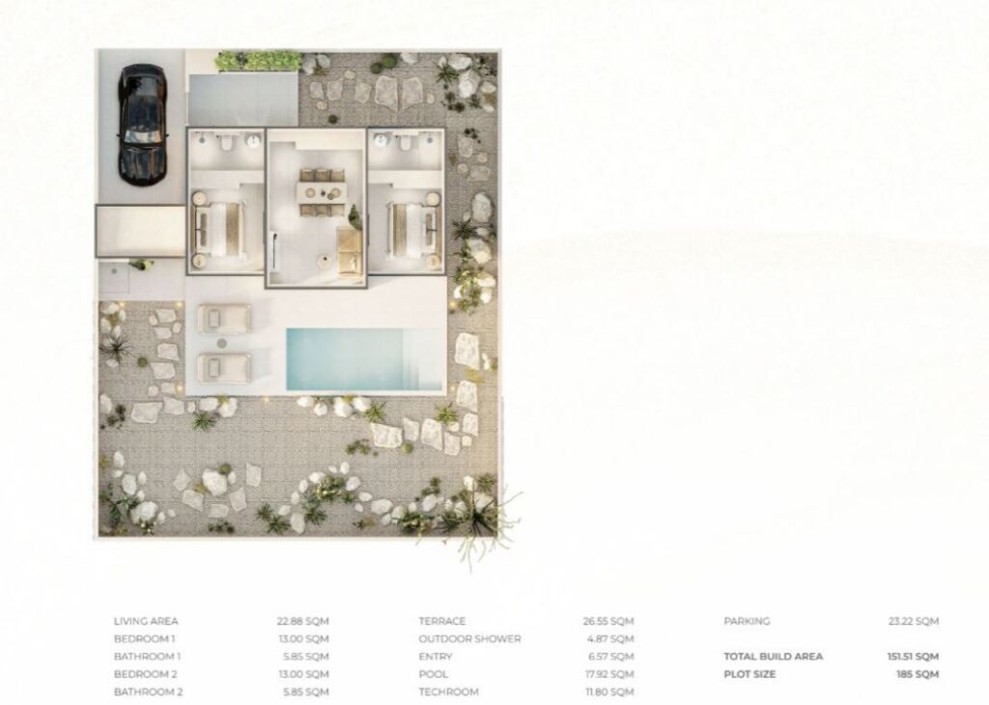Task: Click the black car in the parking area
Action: coord(143,125)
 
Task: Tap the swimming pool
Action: coord(365,359)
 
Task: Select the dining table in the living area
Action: coord(323,192)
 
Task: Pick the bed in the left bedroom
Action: coord(219,230)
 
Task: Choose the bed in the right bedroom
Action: coord(412,230)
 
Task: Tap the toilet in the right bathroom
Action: coord(406,142)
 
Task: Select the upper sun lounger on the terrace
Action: coord(224,319)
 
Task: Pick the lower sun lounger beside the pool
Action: coord(224,368)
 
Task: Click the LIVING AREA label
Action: coord(146,621)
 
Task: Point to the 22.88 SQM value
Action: coord(302,621)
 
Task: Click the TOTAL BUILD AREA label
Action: coord(774,657)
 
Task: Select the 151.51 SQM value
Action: coord(913,657)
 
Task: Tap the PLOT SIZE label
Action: coord(749,674)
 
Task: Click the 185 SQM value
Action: coord(918,674)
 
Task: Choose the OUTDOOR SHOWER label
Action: coord(470,638)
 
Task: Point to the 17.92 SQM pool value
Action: coord(609,674)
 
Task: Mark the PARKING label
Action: coord(747,621)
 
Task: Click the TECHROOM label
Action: coord(448,691)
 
